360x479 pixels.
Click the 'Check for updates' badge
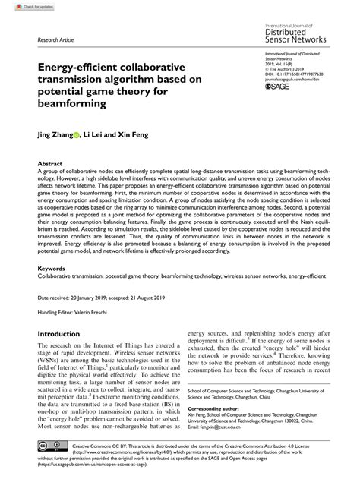click(x=24, y=6)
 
